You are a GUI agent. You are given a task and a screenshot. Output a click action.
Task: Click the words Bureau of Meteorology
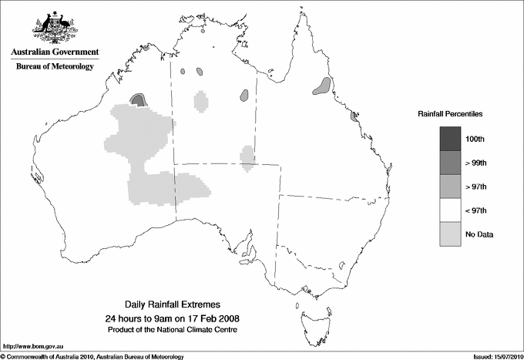pos(55,66)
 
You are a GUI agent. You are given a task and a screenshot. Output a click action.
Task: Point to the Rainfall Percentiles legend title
pos(450,113)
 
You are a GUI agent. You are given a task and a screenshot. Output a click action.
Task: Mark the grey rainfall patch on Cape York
pos(322,86)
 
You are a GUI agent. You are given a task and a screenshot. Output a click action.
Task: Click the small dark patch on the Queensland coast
pos(354,116)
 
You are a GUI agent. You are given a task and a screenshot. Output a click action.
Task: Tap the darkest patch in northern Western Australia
pos(139,99)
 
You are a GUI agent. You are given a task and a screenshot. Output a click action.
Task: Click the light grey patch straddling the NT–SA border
pos(247,157)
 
